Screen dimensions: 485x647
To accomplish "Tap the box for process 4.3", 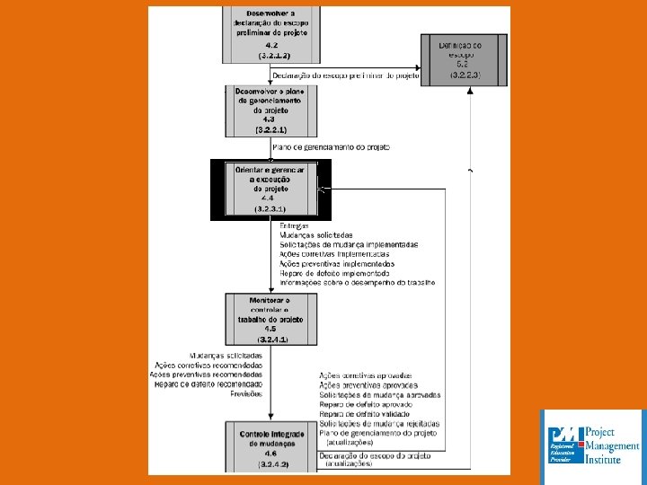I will [x=270, y=111].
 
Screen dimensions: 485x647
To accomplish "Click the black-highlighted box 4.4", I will [x=270, y=189].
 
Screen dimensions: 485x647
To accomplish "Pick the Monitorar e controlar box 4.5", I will [x=270, y=319].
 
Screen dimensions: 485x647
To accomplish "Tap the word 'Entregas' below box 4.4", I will [x=294, y=225].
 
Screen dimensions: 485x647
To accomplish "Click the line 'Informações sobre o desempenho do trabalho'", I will [x=357, y=282].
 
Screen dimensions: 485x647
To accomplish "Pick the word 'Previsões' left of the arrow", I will [x=246, y=393].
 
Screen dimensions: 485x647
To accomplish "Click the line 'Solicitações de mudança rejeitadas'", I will [x=379, y=423].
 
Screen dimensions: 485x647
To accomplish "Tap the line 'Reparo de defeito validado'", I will [x=365, y=413].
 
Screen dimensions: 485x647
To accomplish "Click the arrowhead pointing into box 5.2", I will [x=418, y=67].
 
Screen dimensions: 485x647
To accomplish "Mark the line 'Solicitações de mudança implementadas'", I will [x=349, y=244].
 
